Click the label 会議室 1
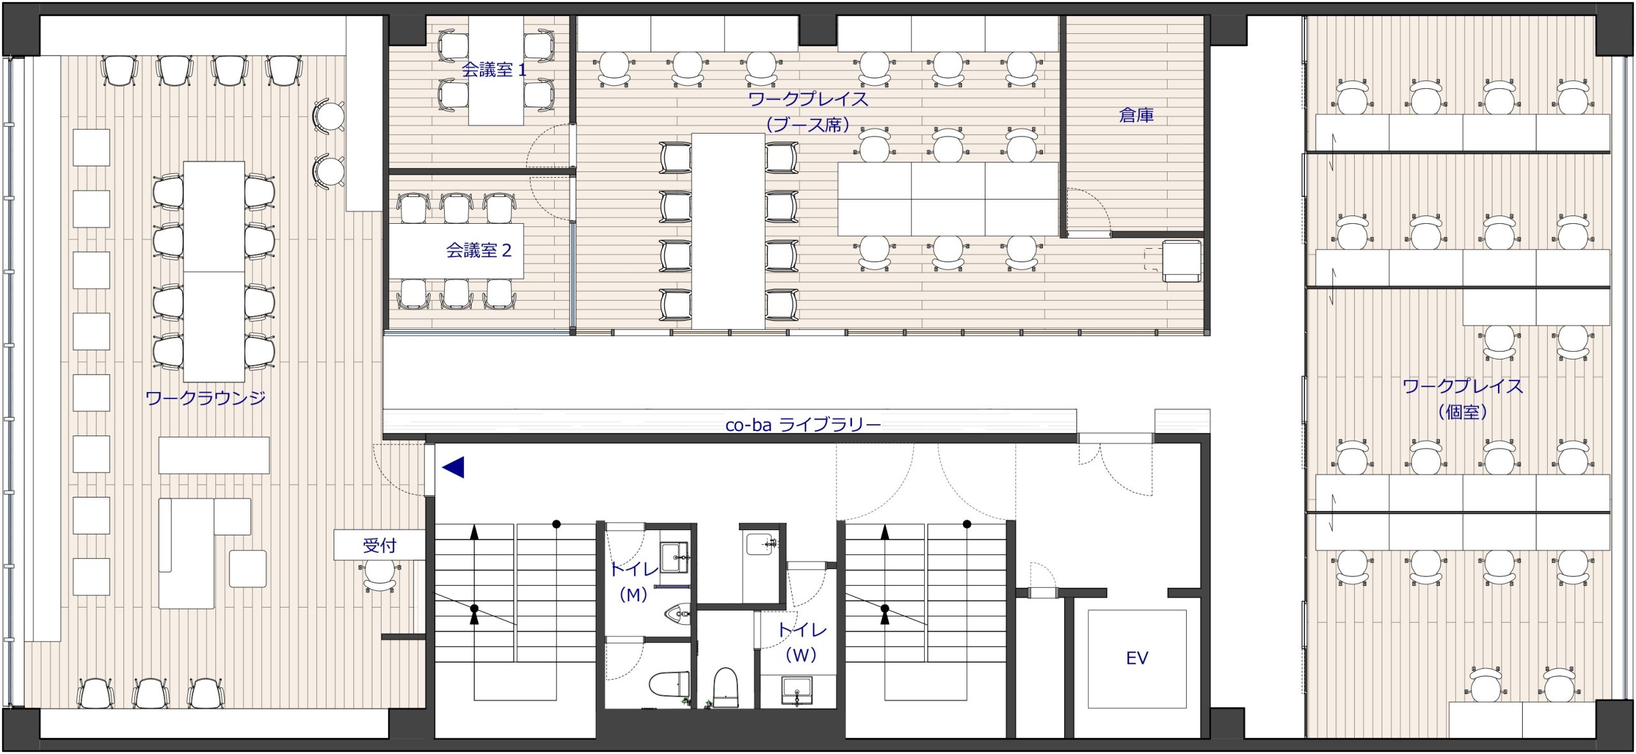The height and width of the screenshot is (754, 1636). point(494,70)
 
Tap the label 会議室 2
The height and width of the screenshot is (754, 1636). point(479,250)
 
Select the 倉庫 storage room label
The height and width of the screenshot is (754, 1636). point(1136,115)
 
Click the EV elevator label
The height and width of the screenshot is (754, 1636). point(1137,657)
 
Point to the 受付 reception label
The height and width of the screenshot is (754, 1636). point(379,546)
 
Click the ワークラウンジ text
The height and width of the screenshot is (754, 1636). point(206,398)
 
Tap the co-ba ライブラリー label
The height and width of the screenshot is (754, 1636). point(803,425)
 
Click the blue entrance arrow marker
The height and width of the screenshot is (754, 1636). point(453,467)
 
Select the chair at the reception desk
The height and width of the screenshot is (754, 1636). point(380,576)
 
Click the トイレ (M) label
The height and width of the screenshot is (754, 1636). point(633,581)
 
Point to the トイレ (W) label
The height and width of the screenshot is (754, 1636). point(801,642)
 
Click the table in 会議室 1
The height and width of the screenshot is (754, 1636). point(496,70)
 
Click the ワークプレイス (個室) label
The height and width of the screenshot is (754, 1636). point(1463,399)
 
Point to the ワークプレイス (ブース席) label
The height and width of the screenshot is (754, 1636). point(808,112)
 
